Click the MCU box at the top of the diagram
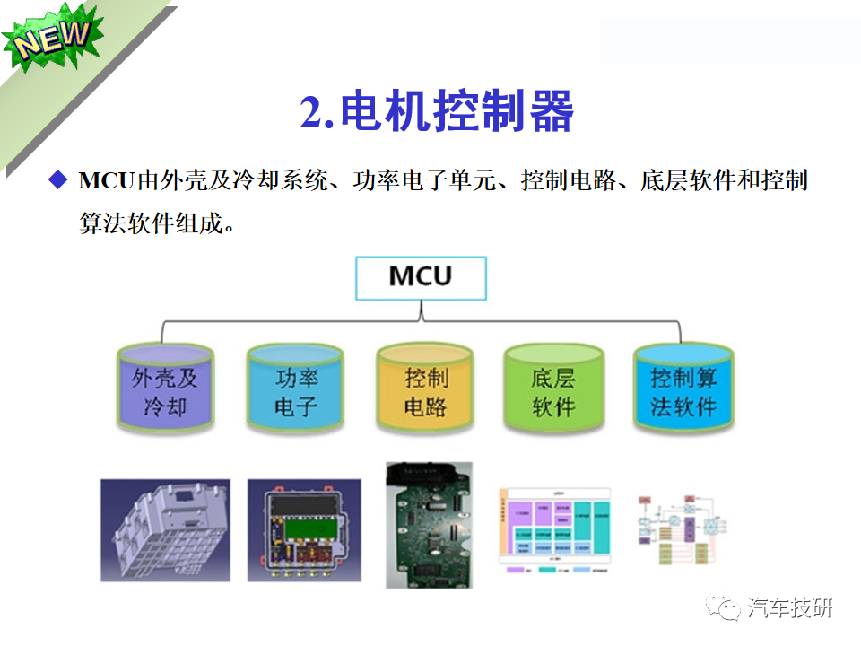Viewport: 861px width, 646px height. point(421,277)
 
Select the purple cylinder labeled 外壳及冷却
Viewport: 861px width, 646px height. point(165,391)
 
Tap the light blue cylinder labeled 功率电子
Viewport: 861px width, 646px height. point(295,391)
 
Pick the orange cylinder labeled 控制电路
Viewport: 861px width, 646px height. point(424,391)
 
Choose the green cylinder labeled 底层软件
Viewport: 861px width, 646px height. point(552,391)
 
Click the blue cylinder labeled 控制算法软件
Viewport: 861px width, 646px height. point(683,391)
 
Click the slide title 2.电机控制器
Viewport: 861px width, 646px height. point(436,113)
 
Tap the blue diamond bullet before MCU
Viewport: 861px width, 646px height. point(59,179)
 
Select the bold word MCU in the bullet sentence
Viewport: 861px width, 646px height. point(105,180)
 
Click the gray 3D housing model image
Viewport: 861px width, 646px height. point(165,529)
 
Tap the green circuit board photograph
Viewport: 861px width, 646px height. point(428,525)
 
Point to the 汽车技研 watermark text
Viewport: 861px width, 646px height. point(790,608)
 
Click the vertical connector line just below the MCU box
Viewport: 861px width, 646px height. point(421,310)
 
